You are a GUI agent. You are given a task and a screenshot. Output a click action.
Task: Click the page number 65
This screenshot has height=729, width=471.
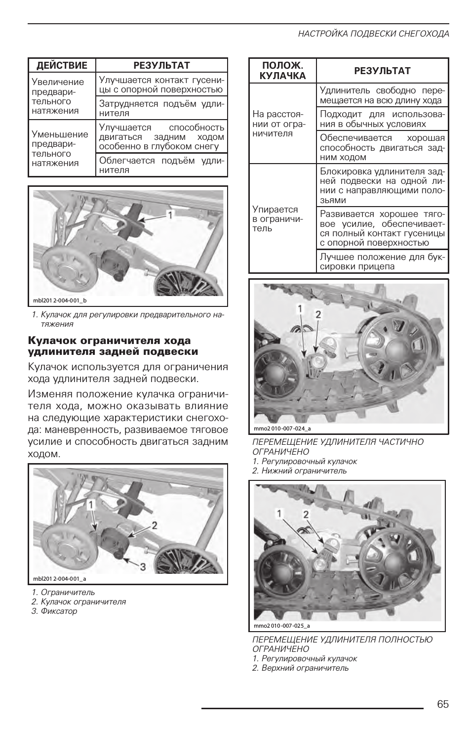442,704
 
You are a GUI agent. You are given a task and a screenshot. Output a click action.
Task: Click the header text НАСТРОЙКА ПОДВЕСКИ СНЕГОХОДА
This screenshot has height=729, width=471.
373,34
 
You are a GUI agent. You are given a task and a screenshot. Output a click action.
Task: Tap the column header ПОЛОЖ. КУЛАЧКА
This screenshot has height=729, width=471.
282,71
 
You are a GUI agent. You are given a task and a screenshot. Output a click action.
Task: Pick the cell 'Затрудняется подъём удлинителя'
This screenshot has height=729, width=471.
161,108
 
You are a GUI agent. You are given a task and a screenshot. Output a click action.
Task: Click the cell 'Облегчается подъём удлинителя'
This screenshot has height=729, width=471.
161,165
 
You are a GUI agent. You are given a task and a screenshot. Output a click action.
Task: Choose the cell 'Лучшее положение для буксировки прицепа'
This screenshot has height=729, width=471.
382,261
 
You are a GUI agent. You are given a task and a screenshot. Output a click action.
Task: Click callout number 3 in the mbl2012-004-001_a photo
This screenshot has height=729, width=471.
143,567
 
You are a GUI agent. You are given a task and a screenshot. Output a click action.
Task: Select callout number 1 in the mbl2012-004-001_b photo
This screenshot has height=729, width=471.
169,215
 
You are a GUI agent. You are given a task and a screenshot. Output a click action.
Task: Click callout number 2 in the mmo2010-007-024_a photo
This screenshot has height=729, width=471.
318,314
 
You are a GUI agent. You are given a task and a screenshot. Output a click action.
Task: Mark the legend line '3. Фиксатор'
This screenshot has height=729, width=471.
54,611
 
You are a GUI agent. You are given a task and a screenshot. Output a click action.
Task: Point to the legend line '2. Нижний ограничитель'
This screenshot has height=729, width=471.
299,471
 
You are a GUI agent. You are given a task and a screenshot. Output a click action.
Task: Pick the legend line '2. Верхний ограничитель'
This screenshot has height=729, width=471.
300,668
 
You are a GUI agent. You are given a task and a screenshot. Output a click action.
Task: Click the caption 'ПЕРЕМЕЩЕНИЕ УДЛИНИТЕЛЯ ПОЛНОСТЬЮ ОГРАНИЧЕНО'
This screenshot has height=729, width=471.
342,644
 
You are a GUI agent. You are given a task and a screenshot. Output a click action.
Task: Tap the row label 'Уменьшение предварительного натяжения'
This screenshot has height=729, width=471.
60,148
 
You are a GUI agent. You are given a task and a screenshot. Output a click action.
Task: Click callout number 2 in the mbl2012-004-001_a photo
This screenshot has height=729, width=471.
155,526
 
